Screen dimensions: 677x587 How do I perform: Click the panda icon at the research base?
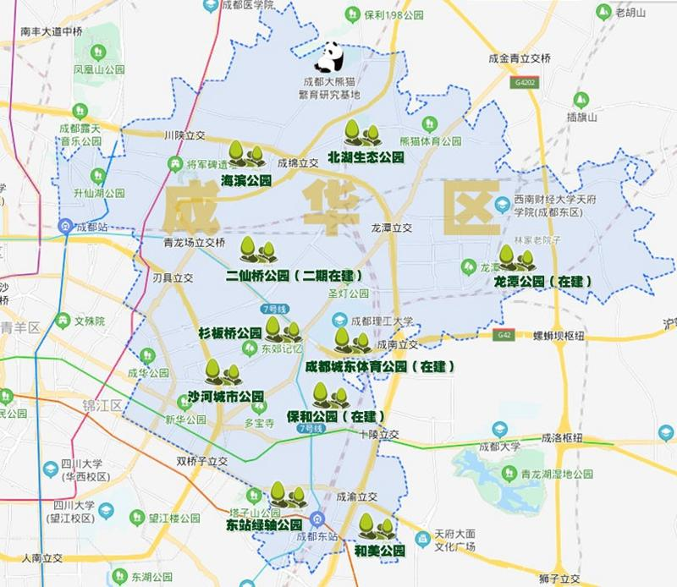coord(328,58)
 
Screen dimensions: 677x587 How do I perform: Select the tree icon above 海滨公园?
coord(245,155)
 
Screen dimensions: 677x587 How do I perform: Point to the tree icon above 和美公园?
coord(376,527)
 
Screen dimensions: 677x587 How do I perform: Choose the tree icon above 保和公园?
coord(330,395)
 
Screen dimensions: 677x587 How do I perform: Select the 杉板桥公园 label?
coord(229,332)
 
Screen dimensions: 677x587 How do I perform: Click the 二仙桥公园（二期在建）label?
coord(289,276)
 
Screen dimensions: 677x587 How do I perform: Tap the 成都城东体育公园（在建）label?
coord(379,367)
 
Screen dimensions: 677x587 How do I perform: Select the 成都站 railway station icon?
coord(66,227)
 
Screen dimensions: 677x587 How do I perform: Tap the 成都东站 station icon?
coord(316,519)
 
